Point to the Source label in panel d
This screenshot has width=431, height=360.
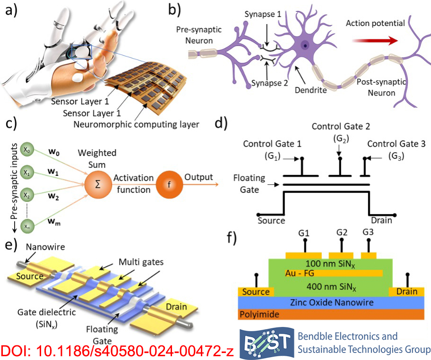tap(271, 220)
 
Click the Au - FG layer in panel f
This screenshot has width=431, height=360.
tap(302, 273)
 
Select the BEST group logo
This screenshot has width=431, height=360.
tap(266, 343)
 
